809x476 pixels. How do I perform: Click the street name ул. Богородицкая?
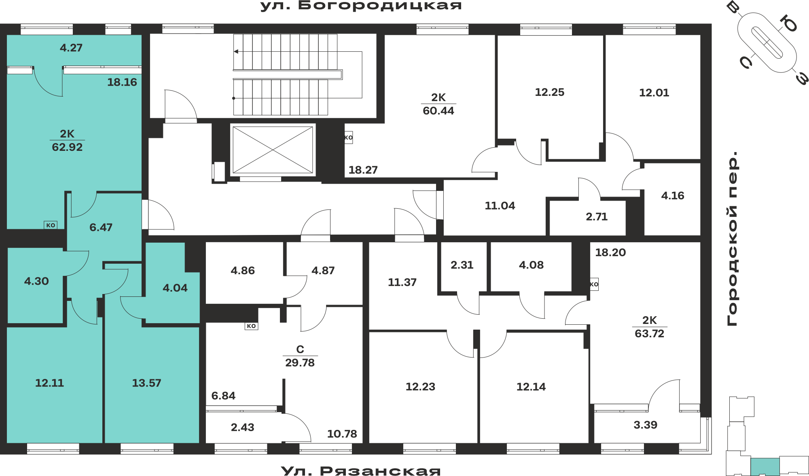[x=361, y=6]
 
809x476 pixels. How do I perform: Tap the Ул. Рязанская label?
[x=361, y=471]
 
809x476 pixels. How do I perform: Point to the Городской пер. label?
[x=733, y=239]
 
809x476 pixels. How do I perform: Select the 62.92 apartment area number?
[x=67, y=147]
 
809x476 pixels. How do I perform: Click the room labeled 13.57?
[x=146, y=383]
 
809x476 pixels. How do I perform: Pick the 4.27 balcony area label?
[x=71, y=48]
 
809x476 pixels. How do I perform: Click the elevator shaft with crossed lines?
[x=273, y=150]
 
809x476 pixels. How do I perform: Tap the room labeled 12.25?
[x=549, y=92]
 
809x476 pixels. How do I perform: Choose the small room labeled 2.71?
[x=597, y=217]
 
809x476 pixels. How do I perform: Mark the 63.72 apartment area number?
[x=649, y=334]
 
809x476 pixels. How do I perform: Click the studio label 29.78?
[x=300, y=363]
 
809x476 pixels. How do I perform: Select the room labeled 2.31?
[x=462, y=265]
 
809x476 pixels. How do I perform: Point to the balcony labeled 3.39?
[x=645, y=425]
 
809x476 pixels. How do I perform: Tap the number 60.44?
[x=438, y=111]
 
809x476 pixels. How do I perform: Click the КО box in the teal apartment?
[x=51, y=225]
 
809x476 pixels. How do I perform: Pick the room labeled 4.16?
[x=673, y=196]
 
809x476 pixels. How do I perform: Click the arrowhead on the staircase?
[x=236, y=51]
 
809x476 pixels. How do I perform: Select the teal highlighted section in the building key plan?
[x=765, y=467]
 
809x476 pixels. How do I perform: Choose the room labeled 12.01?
[x=654, y=93]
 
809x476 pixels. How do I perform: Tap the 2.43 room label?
[x=242, y=427]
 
